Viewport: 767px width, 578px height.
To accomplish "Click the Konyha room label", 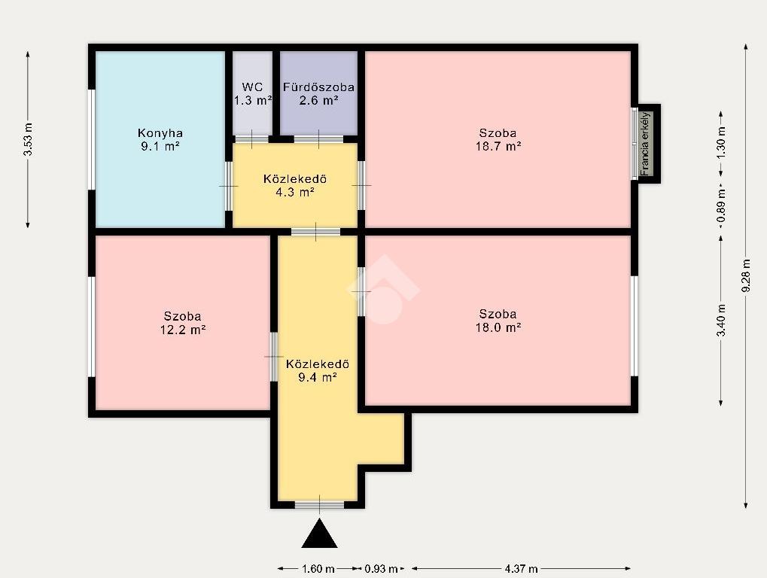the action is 160,133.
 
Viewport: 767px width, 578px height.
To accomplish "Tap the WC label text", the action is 252,87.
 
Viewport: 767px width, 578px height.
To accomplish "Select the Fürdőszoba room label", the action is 318,87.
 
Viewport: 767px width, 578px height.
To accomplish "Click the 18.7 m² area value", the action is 498,146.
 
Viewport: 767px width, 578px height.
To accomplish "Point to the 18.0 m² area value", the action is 498,327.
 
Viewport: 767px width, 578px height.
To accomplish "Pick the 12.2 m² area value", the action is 182,330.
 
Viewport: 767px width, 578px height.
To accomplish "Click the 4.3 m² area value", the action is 294,192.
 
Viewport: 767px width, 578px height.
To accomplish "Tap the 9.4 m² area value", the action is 318,377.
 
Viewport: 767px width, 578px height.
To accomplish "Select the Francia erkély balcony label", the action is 645,144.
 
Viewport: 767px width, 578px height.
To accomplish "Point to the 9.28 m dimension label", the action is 746,276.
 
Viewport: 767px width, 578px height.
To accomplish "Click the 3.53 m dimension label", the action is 28,139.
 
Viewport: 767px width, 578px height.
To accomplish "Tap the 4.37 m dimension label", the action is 521,569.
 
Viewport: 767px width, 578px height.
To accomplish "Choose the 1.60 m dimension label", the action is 318,569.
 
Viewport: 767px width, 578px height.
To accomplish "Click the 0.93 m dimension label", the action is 381,569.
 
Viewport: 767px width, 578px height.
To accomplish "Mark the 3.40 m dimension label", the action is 721,321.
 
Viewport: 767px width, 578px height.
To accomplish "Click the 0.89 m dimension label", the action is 721,205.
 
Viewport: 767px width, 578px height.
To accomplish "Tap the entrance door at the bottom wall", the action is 319,505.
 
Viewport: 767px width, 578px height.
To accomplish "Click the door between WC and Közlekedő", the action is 251,139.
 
